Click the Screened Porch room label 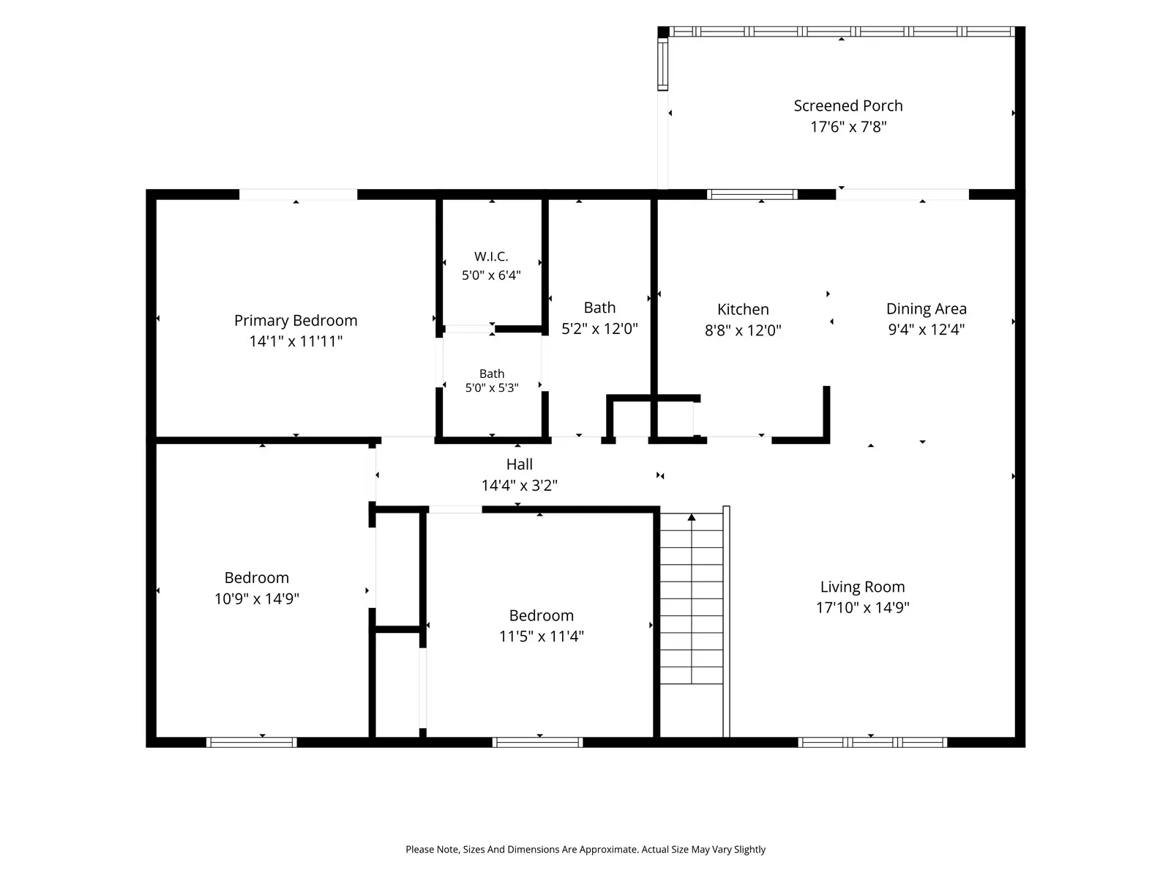click(x=848, y=105)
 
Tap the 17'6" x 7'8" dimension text click(x=848, y=127)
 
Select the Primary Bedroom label click(x=296, y=321)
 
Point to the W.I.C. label click(x=491, y=256)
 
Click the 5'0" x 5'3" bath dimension click(x=491, y=388)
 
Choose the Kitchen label click(x=743, y=310)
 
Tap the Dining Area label click(x=926, y=309)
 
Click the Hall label click(x=519, y=464)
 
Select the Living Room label click(x=862, y=587)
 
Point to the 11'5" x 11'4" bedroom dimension click(x=541, y=637)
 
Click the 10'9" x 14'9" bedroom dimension click(x=257, y=598)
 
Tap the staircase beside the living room click(x=692, y=598)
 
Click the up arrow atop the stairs click(x=692, y=517)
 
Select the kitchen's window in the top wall click(x=752, y=194)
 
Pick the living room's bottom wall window click(x=872, y=742)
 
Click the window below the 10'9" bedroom click(x=251, y=742)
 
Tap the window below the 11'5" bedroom click(x=537, y=742)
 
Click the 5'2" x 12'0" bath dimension click(x=599, y=329)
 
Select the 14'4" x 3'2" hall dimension click(x=519, y=486)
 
